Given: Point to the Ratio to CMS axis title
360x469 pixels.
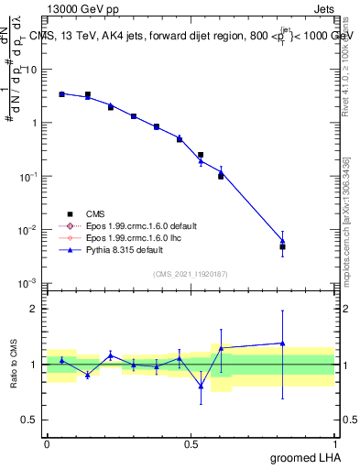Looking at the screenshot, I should [x=14, y=364].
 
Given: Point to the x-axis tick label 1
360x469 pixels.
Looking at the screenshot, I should [x=334, y=442].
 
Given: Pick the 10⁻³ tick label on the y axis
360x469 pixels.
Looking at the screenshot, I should [x=27, y=283].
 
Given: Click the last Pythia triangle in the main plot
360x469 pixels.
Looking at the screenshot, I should [x=283, y=241].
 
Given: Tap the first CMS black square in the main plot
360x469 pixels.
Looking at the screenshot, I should [x=61, y=93].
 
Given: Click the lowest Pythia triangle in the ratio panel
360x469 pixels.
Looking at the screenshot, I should [x=201, y=386].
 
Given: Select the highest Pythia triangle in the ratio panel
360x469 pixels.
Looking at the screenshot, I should [x=283, y=343].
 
